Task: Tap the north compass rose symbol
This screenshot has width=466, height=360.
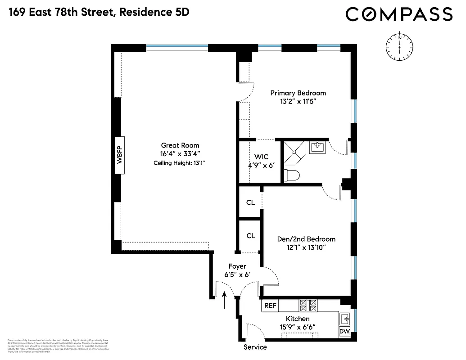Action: [x=399, y=46]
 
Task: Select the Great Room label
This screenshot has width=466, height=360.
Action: [x=180, y=145]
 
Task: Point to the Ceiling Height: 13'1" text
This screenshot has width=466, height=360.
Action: [x=180, y=163]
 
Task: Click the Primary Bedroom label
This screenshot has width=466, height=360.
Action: [x=298, y=93]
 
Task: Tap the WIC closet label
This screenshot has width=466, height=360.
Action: [x=261, y=157]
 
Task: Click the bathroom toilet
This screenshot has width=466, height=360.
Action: [x=293, y=175]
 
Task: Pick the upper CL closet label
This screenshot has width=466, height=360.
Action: [x=251, y=202]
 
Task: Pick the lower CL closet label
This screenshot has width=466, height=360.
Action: [x=251, y=235]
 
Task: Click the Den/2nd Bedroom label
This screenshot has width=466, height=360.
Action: [x=306, y=239]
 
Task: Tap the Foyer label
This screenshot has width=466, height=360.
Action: [x=237, y=266]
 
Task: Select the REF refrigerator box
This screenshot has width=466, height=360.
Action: [x=270, y=305]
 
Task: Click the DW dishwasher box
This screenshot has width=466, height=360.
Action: [x=344, y=332]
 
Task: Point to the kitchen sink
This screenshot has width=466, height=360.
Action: [x=345, y=318]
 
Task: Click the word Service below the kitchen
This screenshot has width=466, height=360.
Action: [x=255, y=347]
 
